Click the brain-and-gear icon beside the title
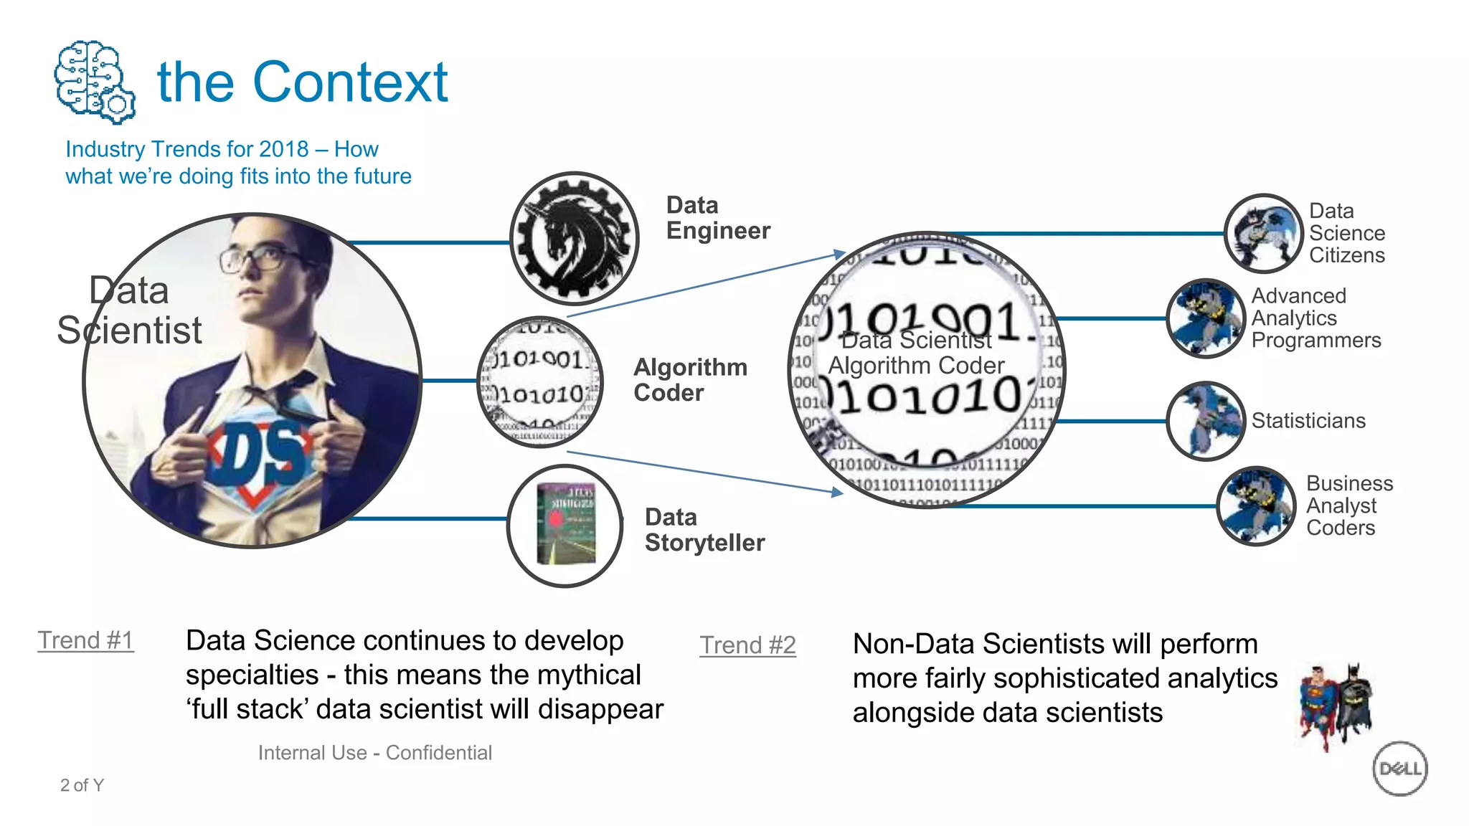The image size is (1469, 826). coord(94,81)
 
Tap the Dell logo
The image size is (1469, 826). coord(1399,769)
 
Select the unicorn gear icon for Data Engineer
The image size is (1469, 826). coord(574,238)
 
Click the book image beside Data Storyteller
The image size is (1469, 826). coord(566,526)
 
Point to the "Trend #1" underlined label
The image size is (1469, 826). coord(85,640)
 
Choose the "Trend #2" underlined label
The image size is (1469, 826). coord(747,645)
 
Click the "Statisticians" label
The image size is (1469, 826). coord(1308,420)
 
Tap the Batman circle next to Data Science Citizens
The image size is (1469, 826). coord(1263,233)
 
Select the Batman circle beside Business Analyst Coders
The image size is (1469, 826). coord(1256,505)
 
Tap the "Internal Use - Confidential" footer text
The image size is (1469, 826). coord(374,752)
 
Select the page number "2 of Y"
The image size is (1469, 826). coord(82,785)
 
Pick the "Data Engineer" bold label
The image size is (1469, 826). coord(717,218)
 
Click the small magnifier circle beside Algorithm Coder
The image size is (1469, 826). coord(540,381)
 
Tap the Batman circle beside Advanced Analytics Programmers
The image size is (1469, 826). coord(1205,318)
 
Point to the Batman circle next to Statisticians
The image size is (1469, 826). coord(1205,421)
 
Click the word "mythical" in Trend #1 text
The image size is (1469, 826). coord(588,675)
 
